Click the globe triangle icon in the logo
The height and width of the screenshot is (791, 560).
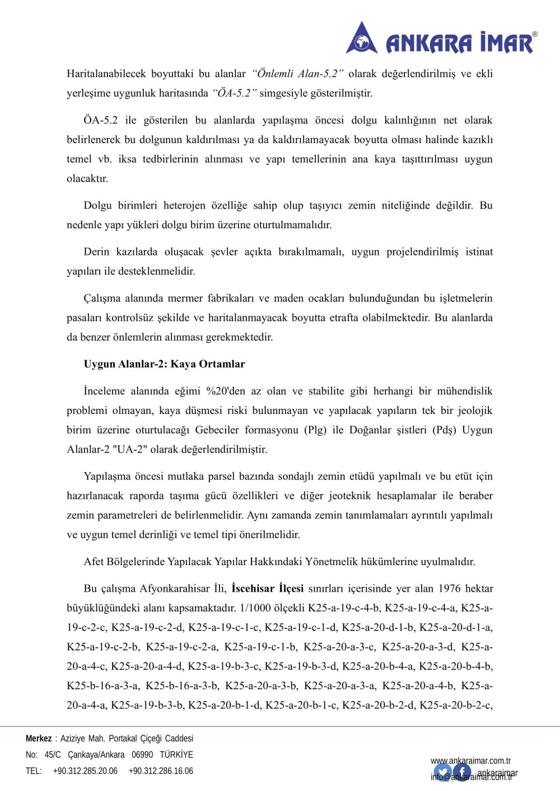362,39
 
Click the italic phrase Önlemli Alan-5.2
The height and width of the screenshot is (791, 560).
297,74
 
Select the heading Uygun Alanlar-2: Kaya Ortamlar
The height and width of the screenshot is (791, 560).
164,364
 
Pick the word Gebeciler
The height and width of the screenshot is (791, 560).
217,430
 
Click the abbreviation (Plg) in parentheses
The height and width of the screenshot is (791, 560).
316,430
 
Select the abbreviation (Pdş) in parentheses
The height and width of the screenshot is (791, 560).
445,430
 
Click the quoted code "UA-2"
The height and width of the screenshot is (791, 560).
129,450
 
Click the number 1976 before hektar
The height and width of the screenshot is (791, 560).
449,588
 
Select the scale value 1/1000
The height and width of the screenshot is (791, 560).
255,608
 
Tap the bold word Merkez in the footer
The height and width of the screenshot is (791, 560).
39,738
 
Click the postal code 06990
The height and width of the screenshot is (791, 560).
142,755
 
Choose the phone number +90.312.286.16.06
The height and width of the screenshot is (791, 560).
161,771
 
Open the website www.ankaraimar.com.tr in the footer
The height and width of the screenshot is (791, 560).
470,761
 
